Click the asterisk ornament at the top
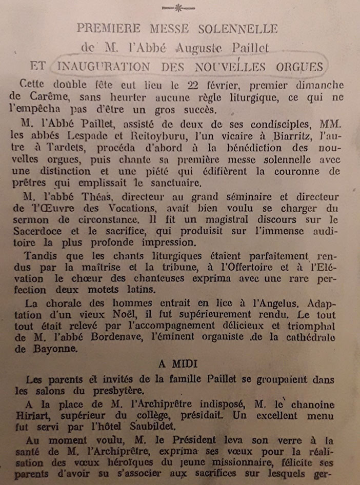point(179,8)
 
